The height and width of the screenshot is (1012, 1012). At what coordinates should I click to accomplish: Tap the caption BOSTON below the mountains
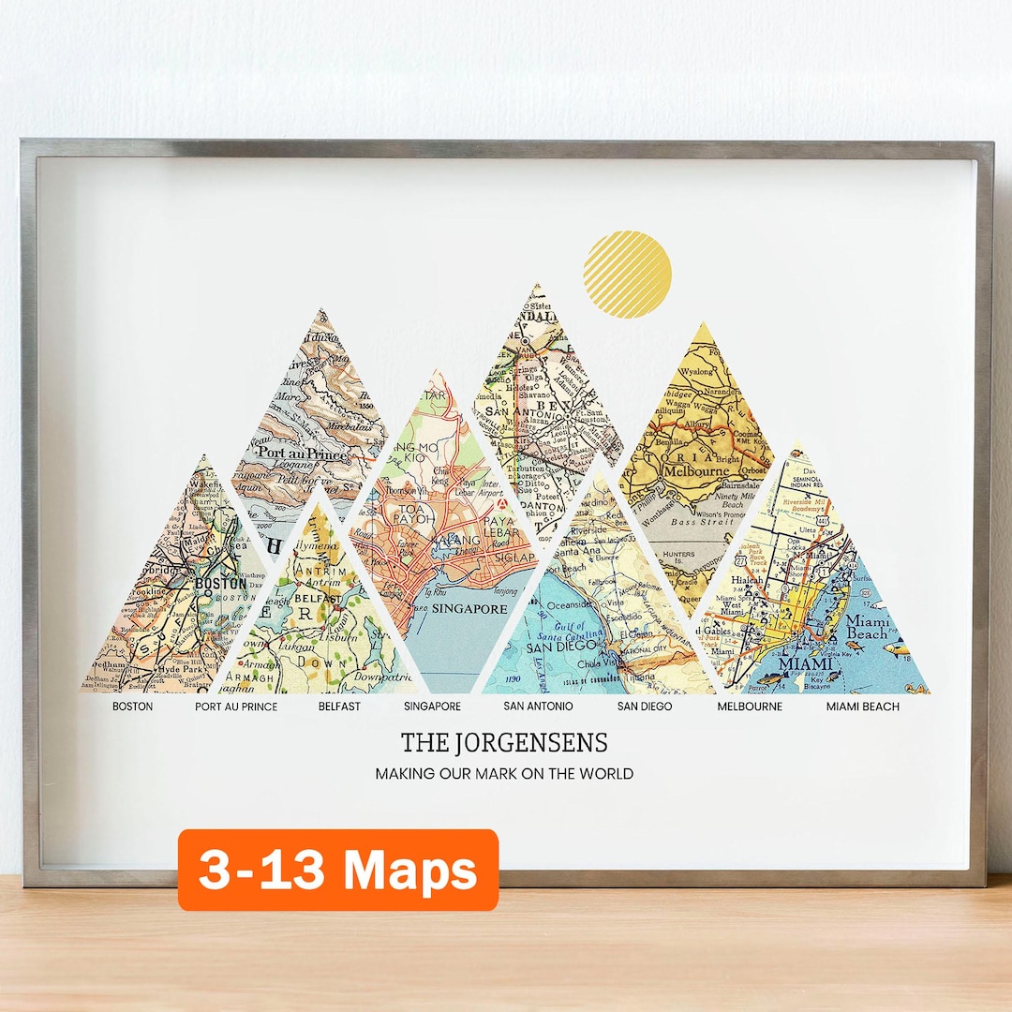(132, 706)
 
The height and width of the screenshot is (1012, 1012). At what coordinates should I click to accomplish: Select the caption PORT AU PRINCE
(236, 706)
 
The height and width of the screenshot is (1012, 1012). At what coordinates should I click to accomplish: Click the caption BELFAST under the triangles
(339, 706)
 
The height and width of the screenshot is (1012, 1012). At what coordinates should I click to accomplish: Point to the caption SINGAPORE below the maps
(432, 706)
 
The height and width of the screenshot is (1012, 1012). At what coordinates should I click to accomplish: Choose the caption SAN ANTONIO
(538, 706)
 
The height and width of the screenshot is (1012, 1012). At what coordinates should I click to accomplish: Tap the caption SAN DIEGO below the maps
(645, 706)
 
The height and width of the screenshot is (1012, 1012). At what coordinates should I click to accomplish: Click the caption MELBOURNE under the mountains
(750, 706)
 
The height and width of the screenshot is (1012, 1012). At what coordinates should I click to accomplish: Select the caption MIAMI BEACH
(862, 706)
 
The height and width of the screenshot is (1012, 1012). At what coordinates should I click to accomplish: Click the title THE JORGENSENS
(504, 743)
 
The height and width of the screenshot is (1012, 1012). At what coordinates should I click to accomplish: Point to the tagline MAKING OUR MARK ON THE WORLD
(504, 774)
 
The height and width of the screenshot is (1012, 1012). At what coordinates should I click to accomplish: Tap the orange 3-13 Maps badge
(338, 870)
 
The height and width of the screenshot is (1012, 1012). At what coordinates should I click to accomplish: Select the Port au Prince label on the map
(302, 454)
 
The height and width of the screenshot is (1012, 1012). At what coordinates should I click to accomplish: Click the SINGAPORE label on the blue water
(469, 608)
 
